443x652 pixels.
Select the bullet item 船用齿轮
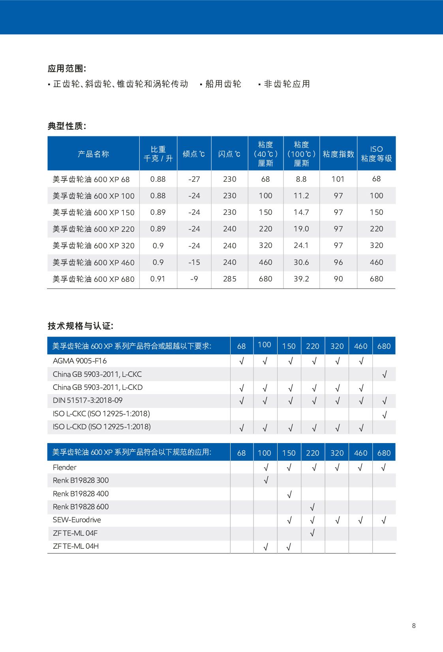223,84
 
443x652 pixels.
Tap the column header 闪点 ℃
229,154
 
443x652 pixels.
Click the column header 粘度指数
338,154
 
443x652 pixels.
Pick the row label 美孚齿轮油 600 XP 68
91,179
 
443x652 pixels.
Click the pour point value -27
194,179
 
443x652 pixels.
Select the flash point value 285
229,279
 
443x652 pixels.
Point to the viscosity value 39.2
301,279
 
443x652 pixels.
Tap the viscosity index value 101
338,179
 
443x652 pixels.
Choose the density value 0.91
158,279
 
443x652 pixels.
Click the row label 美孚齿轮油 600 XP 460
94,263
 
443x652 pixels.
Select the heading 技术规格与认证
81,326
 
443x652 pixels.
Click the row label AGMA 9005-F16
80,361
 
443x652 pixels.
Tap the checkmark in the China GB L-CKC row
384,374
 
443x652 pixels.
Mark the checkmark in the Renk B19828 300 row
266,480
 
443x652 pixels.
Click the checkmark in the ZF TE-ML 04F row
312,533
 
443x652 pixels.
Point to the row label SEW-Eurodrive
77,520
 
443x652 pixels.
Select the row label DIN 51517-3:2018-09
88,401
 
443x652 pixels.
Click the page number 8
414,626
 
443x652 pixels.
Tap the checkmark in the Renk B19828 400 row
289,494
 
